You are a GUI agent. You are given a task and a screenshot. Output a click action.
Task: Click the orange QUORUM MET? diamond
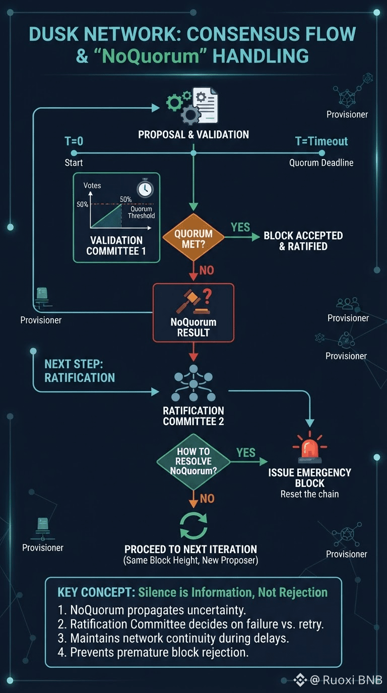coord(193,237)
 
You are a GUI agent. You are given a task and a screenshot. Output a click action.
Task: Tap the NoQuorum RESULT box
coord(193,313)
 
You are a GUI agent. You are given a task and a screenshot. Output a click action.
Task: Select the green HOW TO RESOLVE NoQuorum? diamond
coord(193,462)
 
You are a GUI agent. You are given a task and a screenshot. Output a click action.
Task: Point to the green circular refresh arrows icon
coord(193,526)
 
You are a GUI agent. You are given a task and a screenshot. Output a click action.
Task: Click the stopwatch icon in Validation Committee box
coord(145,188)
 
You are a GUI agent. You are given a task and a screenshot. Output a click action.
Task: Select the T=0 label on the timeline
coord(74,141)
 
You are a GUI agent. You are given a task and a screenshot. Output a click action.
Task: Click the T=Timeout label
coord(321,142)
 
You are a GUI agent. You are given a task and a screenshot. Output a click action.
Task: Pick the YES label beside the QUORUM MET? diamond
coord(240,227)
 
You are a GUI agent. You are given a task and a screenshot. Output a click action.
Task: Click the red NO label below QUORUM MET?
coord(207,270)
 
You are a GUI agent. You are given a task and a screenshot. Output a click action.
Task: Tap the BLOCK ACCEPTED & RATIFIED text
coord(303,241)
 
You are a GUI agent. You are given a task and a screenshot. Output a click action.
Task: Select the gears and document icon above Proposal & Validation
coord(192,106)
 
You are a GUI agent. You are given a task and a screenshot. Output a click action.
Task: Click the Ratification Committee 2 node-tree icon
coord(193,383)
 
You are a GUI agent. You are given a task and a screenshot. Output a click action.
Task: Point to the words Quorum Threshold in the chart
coord(142,212)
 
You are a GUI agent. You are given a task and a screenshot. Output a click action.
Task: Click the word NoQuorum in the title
coord(150,56)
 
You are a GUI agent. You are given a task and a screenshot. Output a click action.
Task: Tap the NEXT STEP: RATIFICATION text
coord(80,371)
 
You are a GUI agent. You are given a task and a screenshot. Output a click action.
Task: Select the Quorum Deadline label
coord(321,163)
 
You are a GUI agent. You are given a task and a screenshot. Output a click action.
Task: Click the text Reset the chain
coord(309,494)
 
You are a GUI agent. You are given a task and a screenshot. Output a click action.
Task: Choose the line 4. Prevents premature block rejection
coord(153,652)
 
